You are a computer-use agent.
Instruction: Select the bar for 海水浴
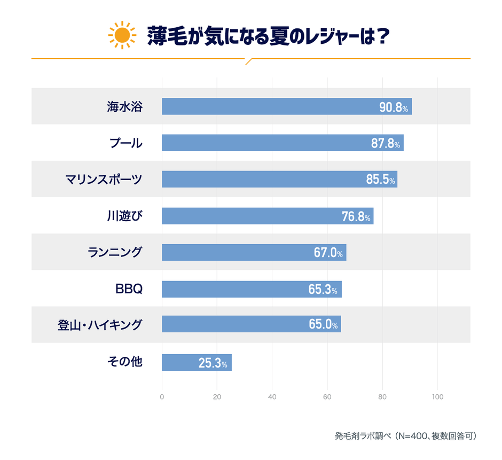coord(286,106)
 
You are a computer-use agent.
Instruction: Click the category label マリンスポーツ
coord(104,179)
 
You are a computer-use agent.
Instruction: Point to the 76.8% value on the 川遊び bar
coord(356,216)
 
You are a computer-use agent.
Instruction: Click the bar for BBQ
coord(251,289)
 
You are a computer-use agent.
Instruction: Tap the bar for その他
coord(197,362)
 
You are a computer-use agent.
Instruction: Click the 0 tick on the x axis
coord(162,397)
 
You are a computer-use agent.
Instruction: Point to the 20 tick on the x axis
coord(217,397)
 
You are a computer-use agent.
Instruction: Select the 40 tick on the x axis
coord(272,397)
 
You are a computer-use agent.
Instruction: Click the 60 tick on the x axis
coord(327,397)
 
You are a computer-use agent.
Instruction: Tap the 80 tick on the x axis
coord(382,397)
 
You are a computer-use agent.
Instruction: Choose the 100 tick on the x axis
coord(437,397)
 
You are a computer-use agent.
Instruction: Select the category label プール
coord(126,143)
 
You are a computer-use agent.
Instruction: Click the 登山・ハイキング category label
coord(100,325)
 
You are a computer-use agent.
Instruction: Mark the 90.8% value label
coord(394,107)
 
